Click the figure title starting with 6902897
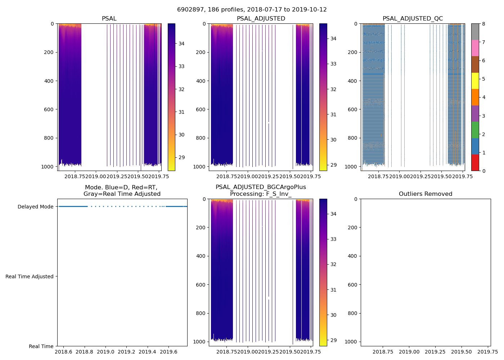tap(252, 10)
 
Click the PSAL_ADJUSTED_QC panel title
tap(413, 19)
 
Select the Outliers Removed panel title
tap(426, 194)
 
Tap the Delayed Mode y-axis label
tap(35, 207)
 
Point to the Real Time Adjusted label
tap(30, 276)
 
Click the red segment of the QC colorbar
tap(475, 163)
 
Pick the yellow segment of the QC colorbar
tap(475, 81)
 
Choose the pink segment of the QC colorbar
tap(475, 48)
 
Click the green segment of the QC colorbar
tap(475, 130)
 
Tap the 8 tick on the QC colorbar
tap(483, 24)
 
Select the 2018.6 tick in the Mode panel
tap(64, 352)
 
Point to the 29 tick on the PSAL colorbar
tap(181, 158)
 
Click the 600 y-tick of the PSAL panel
tap(50, 109)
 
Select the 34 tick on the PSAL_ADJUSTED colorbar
tap(333, 39)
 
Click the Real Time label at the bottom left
tap(41, 346)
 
